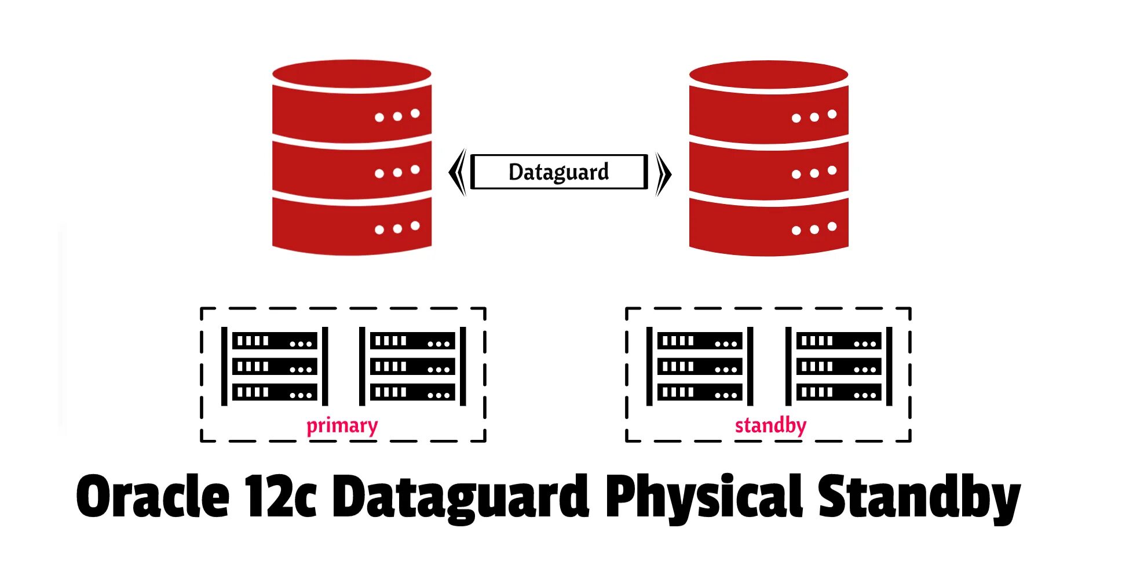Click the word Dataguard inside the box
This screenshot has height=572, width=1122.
pos(558,172)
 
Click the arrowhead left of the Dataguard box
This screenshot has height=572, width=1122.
pos(458,173)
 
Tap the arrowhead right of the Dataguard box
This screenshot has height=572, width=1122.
pos(663,173)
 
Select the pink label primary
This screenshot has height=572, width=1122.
pos(342,426)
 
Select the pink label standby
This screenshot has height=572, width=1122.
pos(770,426)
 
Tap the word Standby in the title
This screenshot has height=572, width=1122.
pos(918,497)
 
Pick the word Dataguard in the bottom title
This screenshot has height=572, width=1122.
pos(461,497)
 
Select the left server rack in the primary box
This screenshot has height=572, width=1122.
pos(275,366)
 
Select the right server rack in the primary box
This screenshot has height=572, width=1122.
pos(412,366)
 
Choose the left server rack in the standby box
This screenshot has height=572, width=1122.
pos(700,366)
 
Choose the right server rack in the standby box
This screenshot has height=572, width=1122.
pos(838,366)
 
